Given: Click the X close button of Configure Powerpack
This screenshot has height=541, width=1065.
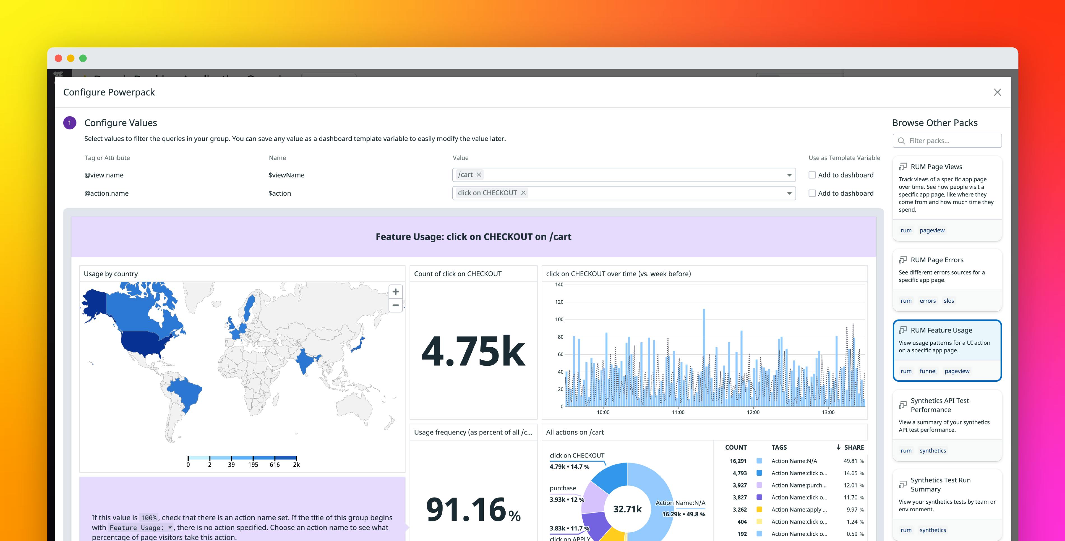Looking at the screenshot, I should pyautogui.click(x=997, y=92).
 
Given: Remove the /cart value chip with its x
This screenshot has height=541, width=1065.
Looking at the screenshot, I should pyautogui.click(x=479, y=175).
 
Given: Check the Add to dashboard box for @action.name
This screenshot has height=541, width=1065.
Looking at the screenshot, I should pyautogui.click(x=812, y=193).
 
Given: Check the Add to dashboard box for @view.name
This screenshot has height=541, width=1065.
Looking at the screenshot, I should pyautogui.click(x=812, y=175).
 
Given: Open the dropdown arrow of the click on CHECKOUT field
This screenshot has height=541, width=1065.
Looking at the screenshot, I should pyautogui.click(x=789, y=193).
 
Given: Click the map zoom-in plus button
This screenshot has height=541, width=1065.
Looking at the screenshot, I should pyautogui.click(x=395, y=292).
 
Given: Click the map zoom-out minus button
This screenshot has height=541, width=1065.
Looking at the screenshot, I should pyautogui.click(x=395, y=305).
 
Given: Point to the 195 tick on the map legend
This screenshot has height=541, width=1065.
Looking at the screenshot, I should pyautogui.click(x=253, y=464).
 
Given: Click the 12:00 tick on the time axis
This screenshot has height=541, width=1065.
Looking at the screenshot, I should pyautogui.click(x=753, y=412).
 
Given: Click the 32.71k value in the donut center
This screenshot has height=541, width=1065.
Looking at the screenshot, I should pyautogui.click(x=627, y=509).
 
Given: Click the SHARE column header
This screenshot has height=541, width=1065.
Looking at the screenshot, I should pyautogui.click(x=853, y=447).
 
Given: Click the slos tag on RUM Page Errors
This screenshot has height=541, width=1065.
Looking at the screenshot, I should pyautogui.click(x=948, y=301).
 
